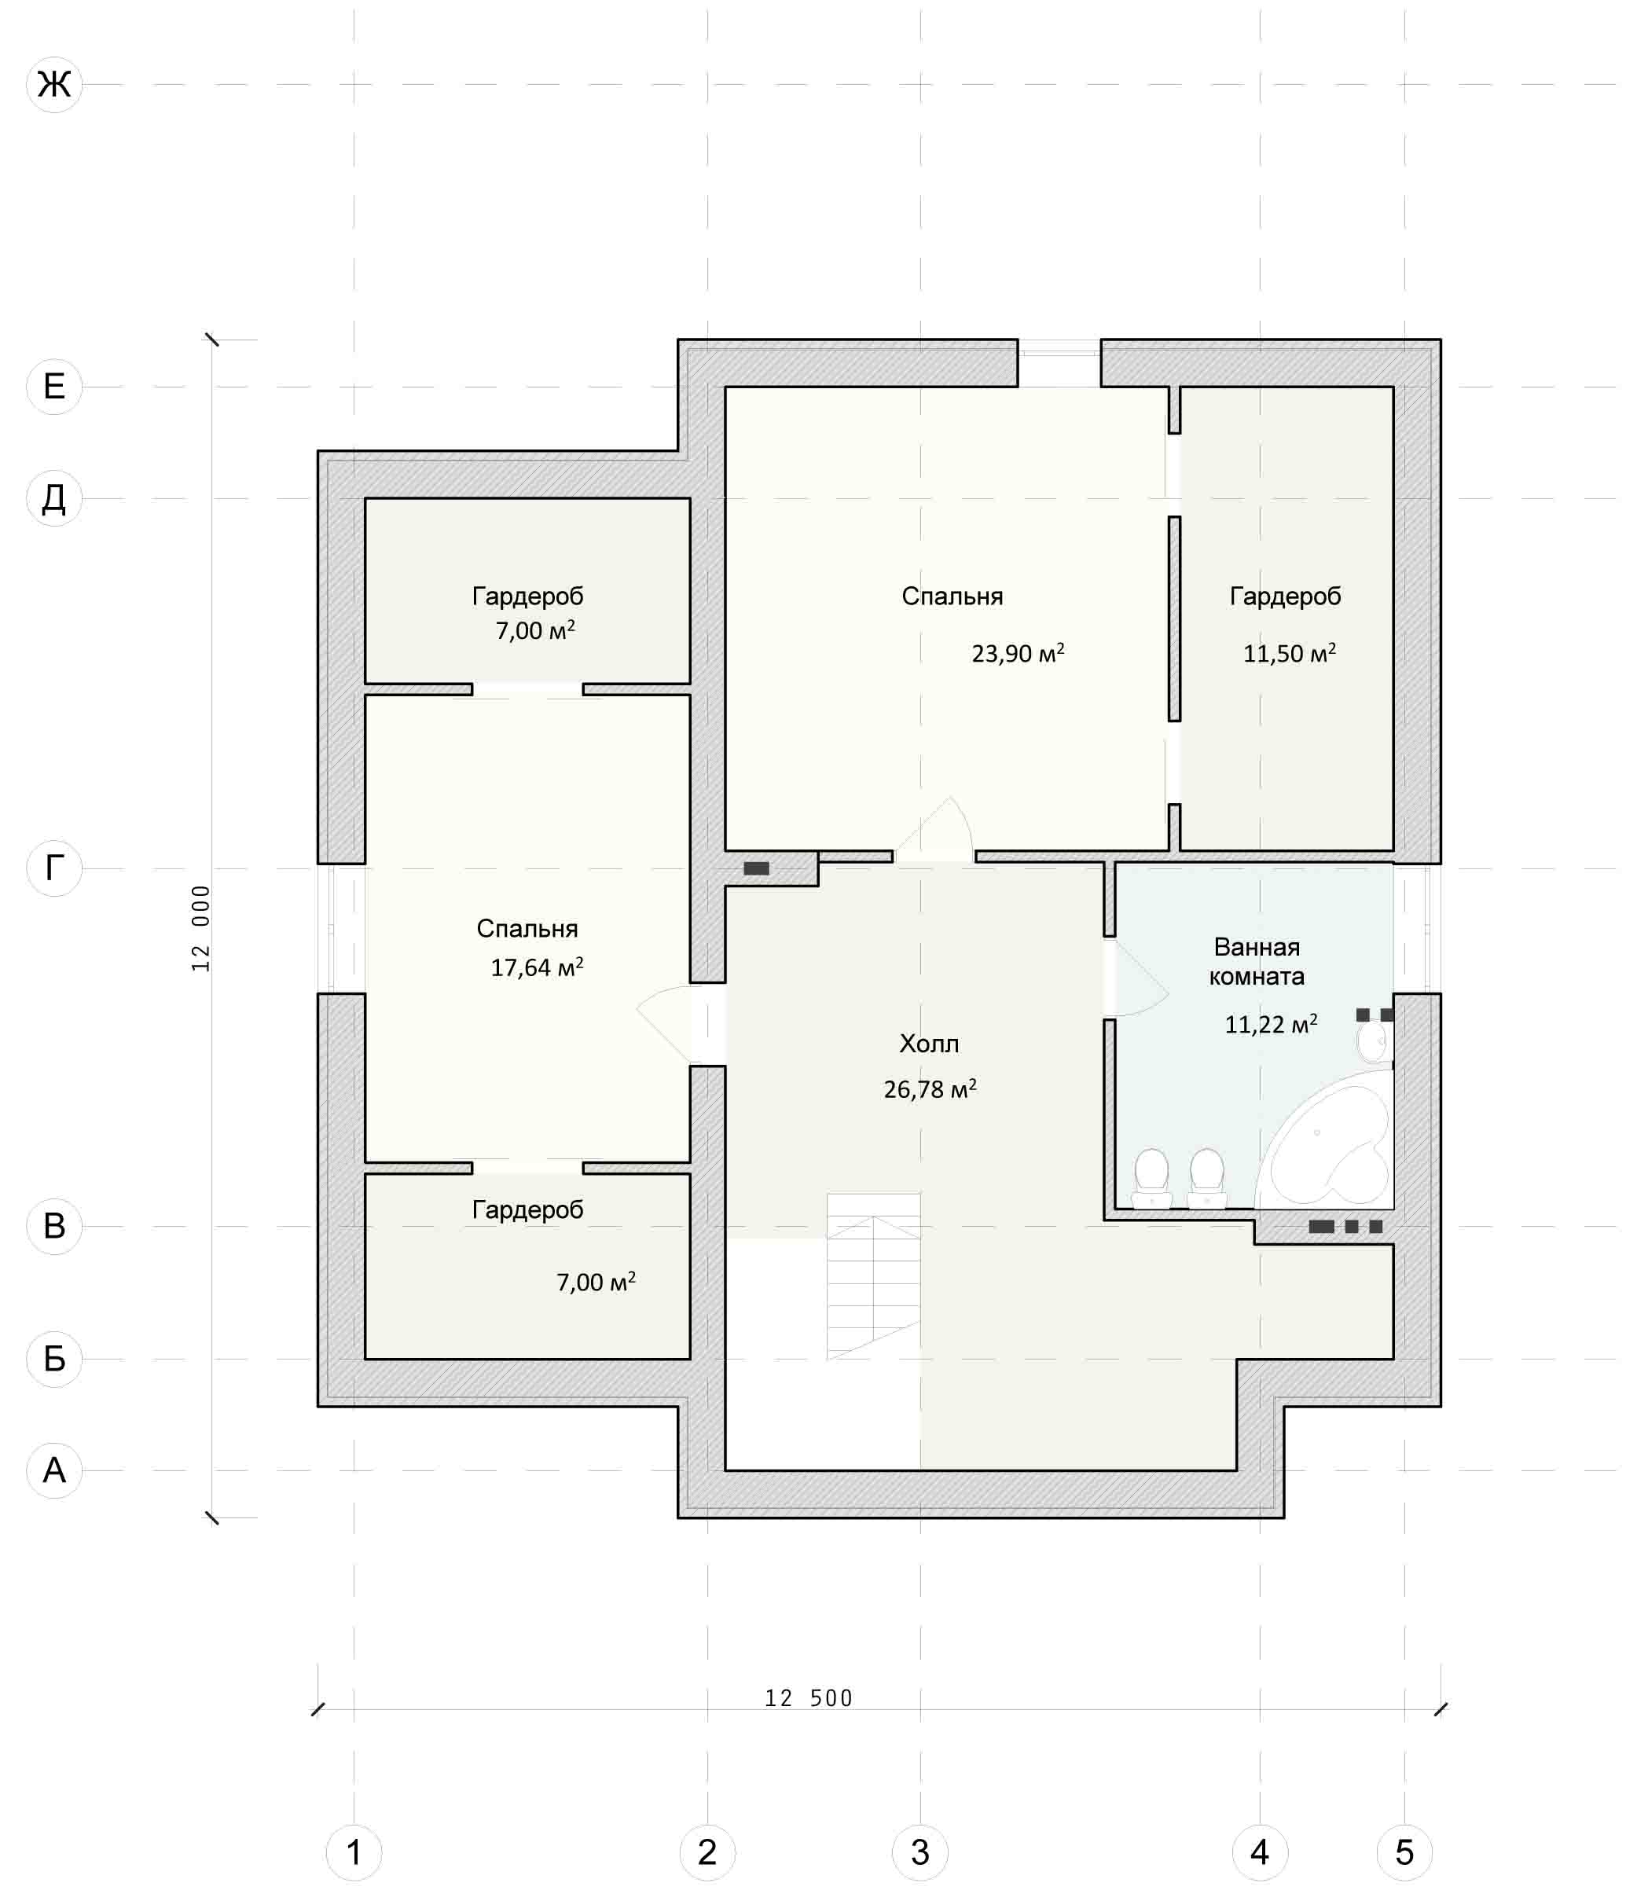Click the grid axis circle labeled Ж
tap(55, 85)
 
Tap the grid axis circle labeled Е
tap(55, 387)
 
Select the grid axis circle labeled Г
tap(55, 868)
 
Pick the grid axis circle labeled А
tap(55, 1470)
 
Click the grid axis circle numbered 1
tap(354, 1852)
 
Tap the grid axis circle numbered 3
tap(920, 1852)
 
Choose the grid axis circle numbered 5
tap(1404, 1852)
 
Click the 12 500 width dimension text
tap(808, 1698)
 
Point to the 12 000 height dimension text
tap(200, 927)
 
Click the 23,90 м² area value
tap(1018, 653)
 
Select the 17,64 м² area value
tap(537, 967)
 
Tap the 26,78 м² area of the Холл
tap(930, 1088)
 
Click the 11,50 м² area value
tap(1290, 653)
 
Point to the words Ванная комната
tap(1257, 961)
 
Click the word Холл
tap(929, 1044)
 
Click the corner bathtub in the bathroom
tap(1327, 1141)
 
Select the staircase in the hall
tap(874, 1277)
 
